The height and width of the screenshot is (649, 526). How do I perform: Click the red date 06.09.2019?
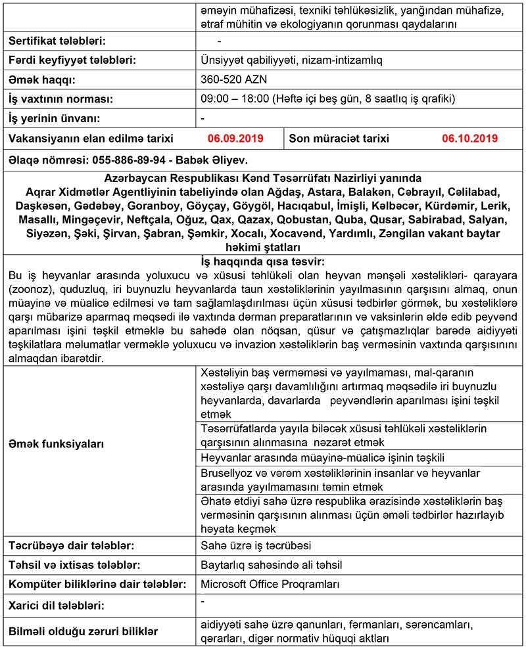(235, 139)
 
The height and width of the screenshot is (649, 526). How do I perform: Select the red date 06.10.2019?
(469, 139)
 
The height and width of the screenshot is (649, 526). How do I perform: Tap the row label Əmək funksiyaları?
(56, 444)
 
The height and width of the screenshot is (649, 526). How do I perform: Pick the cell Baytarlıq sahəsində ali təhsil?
(271, 564)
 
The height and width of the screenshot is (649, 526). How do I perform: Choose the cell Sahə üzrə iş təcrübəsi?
(256, 545)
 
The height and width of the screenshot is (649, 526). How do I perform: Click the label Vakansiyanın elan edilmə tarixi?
(91, 139)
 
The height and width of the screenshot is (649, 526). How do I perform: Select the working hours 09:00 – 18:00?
(235, 99)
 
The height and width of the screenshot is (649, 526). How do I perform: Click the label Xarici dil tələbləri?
(57, 604)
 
